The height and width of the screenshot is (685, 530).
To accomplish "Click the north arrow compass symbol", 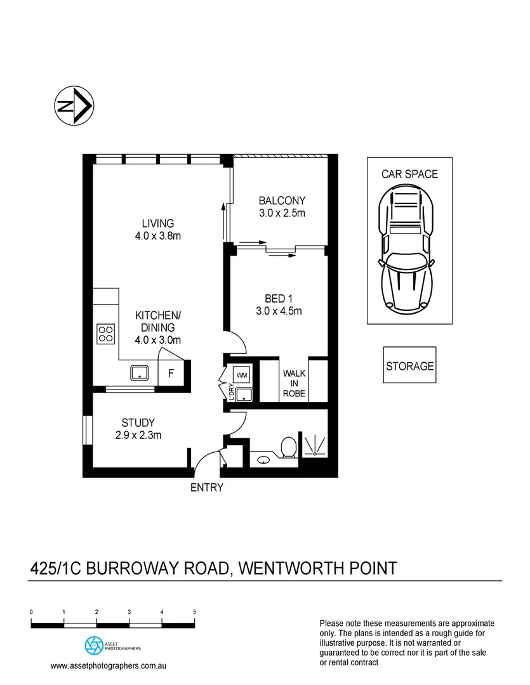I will pos(72,105).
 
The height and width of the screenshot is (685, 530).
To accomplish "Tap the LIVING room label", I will pos(157,223).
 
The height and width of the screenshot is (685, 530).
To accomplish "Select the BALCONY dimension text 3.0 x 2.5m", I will pos(282,213).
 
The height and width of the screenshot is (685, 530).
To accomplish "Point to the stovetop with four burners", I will pos(105,334).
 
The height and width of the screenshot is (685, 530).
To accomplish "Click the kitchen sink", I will pos(139,372).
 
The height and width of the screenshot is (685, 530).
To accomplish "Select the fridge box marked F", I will pos(171,374).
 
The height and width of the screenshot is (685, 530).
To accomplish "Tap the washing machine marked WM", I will pos(242,375).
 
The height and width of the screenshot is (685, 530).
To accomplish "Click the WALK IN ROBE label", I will pos(294,384).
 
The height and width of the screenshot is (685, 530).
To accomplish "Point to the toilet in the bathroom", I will pos(289,447).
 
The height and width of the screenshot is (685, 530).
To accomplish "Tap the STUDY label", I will pos(138,422).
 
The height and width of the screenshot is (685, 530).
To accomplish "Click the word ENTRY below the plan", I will pos(207,488).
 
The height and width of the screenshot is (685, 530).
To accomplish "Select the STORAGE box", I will pos(409,366).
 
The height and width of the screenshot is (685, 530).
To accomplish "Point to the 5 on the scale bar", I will pos(194,612).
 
